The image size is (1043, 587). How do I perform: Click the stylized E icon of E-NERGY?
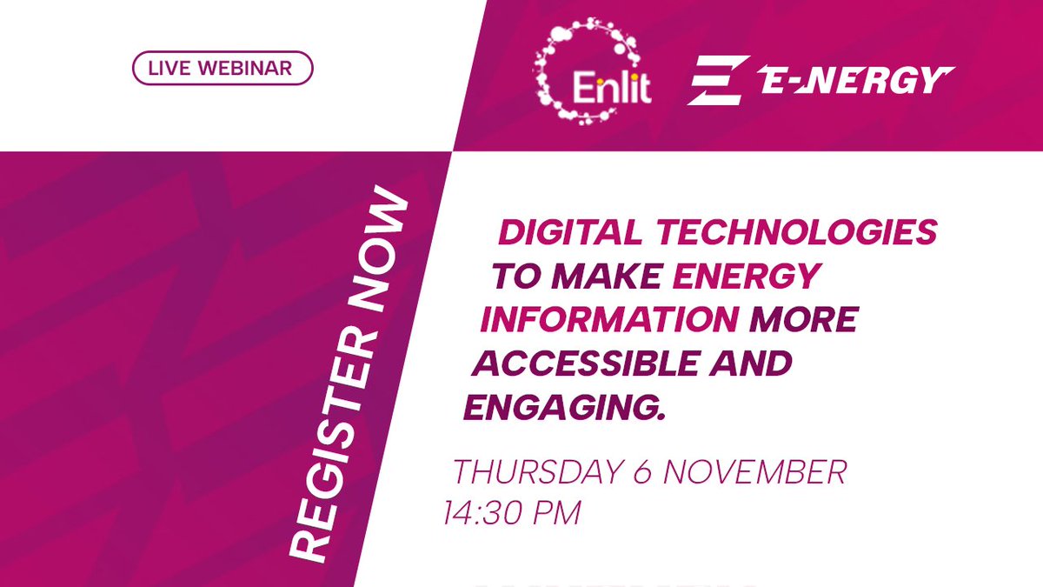click(x=718, y=81)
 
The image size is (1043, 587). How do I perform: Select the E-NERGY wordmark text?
click(x=855, y=81)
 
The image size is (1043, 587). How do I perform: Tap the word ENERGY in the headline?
click(x=747, y=277)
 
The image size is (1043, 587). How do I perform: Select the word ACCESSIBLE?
click(x=588, y=364)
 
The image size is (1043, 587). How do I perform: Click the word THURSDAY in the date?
click(x=535, y=474)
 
